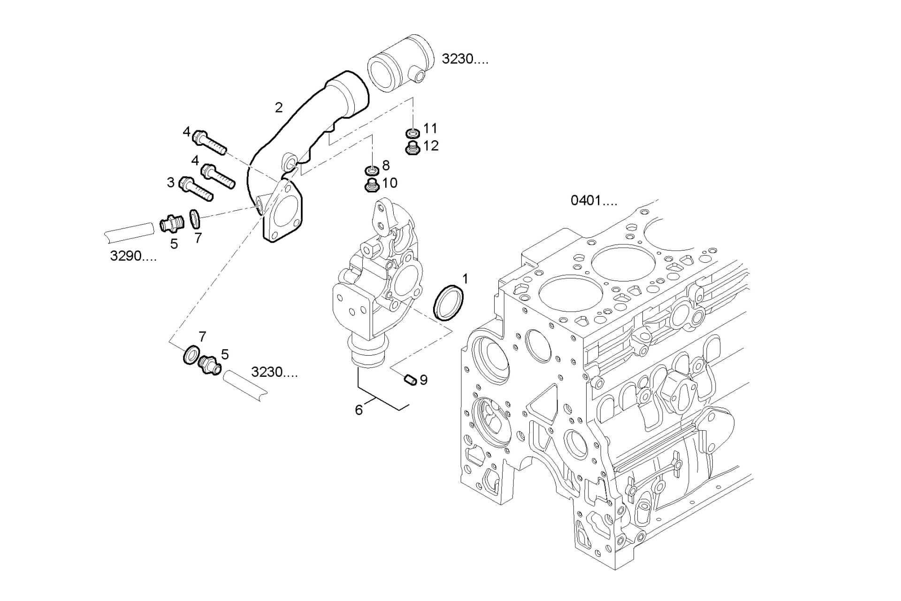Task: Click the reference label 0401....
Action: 593,201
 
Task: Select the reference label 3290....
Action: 133,256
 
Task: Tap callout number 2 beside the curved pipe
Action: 279,108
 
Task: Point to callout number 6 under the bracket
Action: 359,410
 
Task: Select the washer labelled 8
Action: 372,169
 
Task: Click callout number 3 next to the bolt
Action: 171,182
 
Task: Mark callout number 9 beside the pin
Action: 424,380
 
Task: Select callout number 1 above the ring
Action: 465,280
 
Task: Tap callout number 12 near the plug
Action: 430,146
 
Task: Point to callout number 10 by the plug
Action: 389,183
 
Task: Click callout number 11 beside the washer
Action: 430,128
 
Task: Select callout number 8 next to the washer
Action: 386,165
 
